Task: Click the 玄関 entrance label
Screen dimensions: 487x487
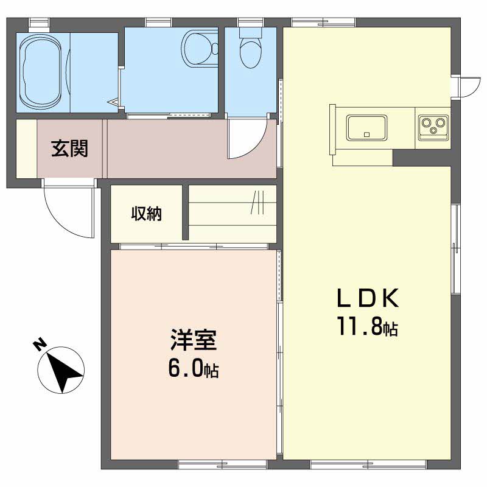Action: [x=69, y=148]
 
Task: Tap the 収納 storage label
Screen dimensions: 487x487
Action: [x=147, y=214]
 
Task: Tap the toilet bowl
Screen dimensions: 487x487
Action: [x=249, y=51]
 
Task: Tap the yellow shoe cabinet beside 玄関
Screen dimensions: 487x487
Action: [x=26, y=149]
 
